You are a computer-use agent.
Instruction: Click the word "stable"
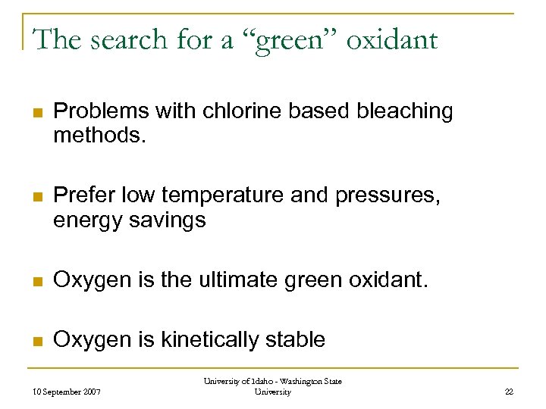pos(294,340)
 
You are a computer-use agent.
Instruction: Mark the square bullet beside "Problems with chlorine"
pos(36,112)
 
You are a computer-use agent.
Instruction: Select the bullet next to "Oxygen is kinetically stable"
pos(36,341)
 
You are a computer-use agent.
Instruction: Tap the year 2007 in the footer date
pos(89,392)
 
